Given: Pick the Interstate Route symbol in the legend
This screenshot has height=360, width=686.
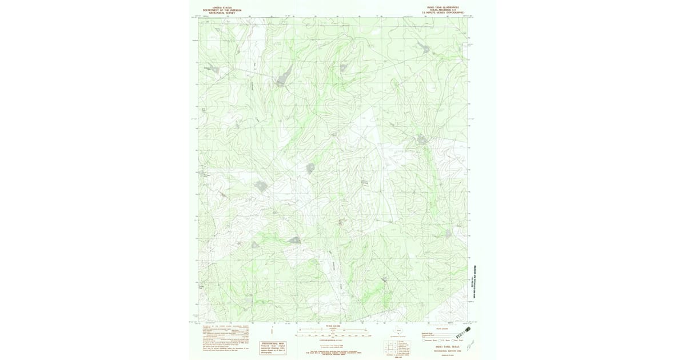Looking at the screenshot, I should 424,341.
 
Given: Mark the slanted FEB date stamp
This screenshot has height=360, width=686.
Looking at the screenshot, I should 467,330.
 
